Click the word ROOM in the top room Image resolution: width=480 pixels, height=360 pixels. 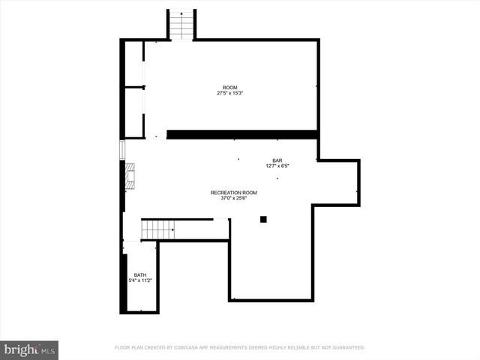coord(229,88)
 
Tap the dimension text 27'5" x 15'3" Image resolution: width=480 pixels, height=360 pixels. coord(229,93)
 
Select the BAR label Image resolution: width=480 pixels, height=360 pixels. coord(277,160)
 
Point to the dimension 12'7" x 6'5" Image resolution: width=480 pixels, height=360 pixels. coord(277,166)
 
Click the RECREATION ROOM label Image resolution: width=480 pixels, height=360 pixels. coord(233,193)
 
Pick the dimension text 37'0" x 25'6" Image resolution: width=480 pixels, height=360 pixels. coord(233,199)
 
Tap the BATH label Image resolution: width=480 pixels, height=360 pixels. coord(140,275)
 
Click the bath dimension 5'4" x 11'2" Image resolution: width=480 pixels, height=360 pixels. coord(140,280)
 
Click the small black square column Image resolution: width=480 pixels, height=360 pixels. coord(263,219)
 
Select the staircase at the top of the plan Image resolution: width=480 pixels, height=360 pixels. coord(181,25)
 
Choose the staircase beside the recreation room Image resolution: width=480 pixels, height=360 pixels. coord(158,228)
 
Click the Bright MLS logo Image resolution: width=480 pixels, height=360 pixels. coord(29,349)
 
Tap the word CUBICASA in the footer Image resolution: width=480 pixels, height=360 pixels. coord(191,348)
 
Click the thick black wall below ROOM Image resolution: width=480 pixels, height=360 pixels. coord(242,135)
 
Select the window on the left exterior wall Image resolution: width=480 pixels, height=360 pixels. coord(121,148)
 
